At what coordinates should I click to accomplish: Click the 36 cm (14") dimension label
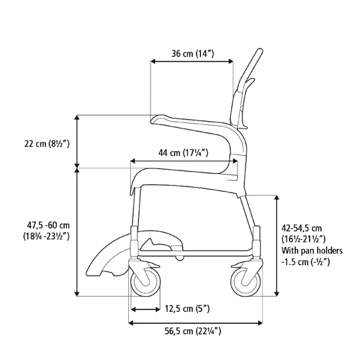coord(193,54)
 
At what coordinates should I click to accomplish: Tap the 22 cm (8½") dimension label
coord(47,144)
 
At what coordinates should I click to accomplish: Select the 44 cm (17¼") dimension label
coord(183,152)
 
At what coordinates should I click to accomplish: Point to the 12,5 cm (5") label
coord(187,309)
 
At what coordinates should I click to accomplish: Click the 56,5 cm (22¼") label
coord(193,331)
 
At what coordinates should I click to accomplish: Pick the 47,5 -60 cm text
coord(48,225)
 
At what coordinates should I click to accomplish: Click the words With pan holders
coord(312,250)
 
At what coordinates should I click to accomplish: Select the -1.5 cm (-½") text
coord(306,262)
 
